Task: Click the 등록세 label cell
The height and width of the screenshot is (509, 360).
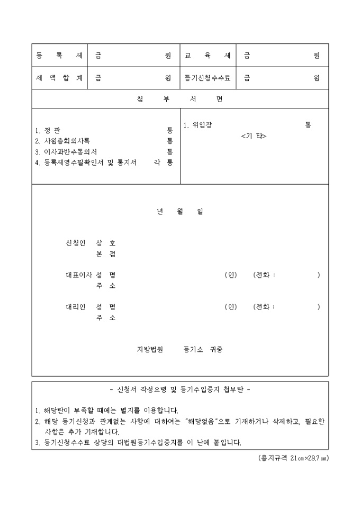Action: (x=59, y=56)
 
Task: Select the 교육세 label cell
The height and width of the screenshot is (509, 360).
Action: (x=208, y=56)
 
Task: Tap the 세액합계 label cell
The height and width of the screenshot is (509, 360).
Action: (x=59, y=78)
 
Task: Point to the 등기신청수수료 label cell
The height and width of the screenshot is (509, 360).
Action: (x=208, y=78)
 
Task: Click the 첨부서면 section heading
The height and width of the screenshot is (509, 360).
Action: (x=180, y=99)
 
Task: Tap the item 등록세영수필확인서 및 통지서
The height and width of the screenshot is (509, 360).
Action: (x=85, y=162)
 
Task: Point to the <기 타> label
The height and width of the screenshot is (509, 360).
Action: (x=254, y=136)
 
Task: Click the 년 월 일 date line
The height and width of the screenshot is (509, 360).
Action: (x=180, y=212)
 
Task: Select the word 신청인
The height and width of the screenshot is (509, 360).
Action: (x=75, y=243)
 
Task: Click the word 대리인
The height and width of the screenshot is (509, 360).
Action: (x=75, y=307)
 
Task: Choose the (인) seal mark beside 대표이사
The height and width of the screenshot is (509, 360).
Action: (x=230, y=275)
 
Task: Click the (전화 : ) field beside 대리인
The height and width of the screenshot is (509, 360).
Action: (x=286, y=307)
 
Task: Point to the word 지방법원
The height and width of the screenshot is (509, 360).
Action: (x=150, y=349)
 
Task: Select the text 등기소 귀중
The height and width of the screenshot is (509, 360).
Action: (x=203, y=349)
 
